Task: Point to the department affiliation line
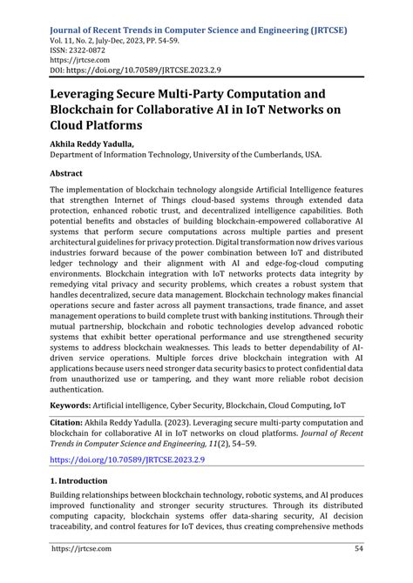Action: coord(173,155)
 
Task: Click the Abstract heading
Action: coord(71,173)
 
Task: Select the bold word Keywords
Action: coord(77,405)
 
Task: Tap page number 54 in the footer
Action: coord(357,572)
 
